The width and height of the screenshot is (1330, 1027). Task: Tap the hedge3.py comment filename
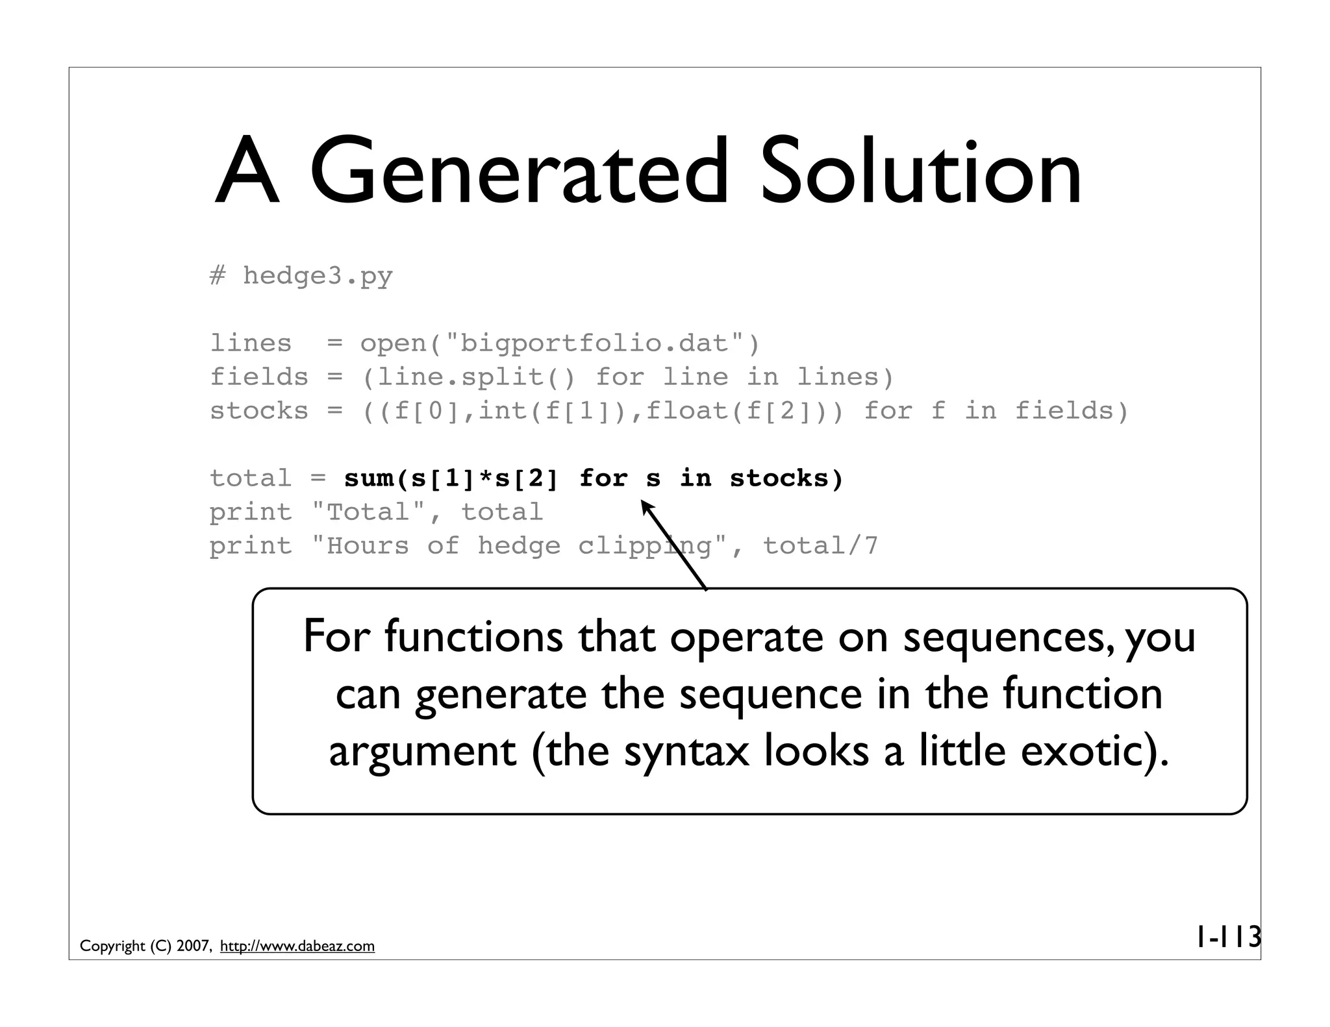[x=318, y=277]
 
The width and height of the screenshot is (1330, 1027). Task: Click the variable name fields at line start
[x=258, y=377]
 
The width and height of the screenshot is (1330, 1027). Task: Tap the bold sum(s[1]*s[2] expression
[x=451, y=479]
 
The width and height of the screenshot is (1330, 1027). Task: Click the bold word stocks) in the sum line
[x=786, y=479]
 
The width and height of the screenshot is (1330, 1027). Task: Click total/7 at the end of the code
[x=820, y=546]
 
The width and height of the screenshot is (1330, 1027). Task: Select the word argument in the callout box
[x=422, y=752]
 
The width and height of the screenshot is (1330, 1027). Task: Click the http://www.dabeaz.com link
[x=297, y=947]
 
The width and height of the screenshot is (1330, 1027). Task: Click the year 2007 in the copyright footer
[x=193, y=947]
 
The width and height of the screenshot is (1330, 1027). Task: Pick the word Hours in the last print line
[x=368, y=546]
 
